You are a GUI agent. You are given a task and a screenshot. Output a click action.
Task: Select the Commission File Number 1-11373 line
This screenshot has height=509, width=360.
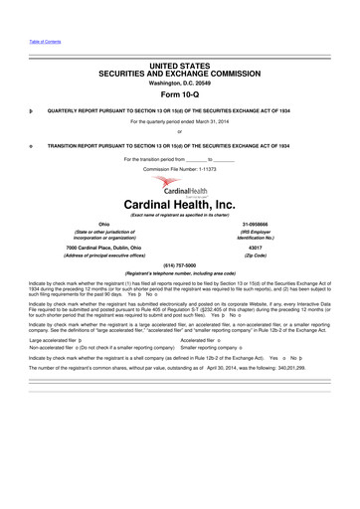(179, 169)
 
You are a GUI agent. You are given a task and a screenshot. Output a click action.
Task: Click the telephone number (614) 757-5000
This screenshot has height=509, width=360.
(179, 265)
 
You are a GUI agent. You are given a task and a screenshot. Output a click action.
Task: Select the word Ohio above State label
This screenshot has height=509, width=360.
(103, 226)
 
